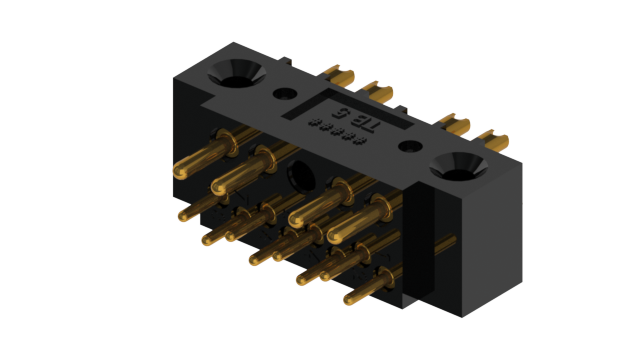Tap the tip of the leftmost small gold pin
(x=182, y=214)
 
